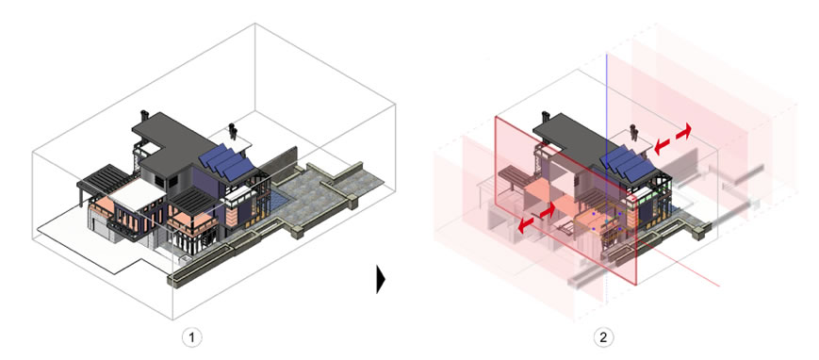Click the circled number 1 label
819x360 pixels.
pos(192,337)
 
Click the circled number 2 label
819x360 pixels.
pos(604,337)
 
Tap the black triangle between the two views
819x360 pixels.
pos(380,279)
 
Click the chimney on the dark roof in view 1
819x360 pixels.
pos(144,115)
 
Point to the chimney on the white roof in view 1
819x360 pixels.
pos(232,131)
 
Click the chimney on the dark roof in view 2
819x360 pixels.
pos(546,117)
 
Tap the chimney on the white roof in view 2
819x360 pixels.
pos(633,132)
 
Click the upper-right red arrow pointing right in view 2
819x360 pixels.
pos(683,131)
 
